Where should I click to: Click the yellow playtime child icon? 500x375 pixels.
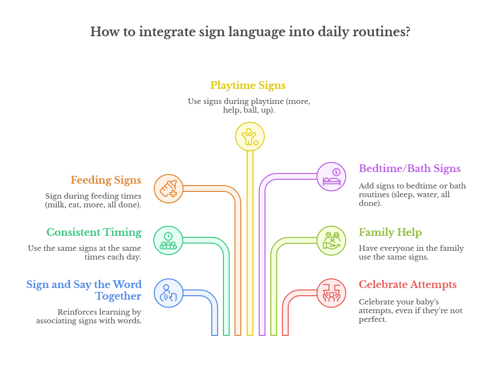tap(250, 137)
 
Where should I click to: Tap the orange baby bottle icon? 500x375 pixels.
tap(168, 188)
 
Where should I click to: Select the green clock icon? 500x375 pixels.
tap(168, 240)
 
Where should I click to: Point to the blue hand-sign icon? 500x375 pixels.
tap(168, 293)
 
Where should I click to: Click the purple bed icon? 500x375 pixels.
tap(331, 177)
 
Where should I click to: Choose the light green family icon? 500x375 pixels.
tap(331, 240)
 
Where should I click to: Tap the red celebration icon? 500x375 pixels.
tap(331, 293)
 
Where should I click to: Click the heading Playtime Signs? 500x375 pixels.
tap(248, 86)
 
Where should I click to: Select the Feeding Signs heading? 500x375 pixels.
tap(106, 180)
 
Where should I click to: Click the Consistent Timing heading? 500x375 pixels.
tap(94, 232)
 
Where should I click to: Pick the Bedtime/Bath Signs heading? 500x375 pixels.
tap(410, 169)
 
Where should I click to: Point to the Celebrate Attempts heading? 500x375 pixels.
tap(408, 284)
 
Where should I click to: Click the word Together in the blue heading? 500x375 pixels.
tap(118, 296)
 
